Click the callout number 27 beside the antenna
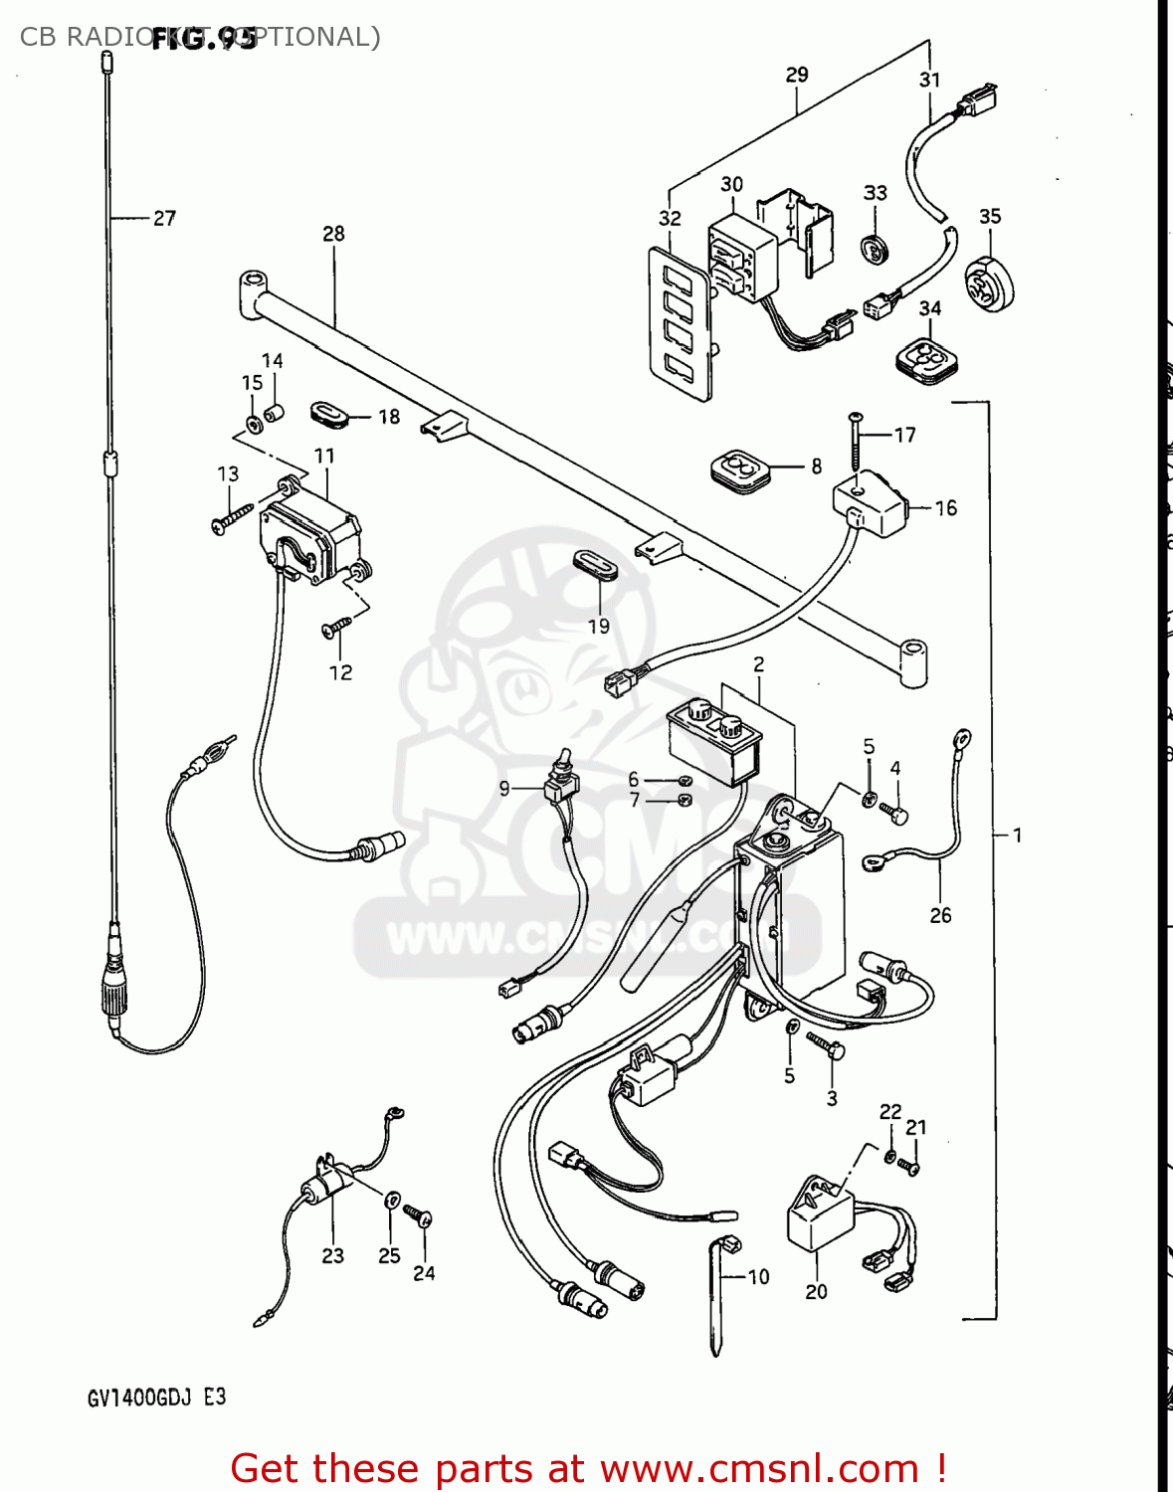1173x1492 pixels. [x=164, y=218]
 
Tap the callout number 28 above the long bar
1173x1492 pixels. [x=333, y=234]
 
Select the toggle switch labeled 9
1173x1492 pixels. [x=561, y=785]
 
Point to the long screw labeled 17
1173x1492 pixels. [x=855, y=444]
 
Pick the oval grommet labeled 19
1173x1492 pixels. [x=595, y=562]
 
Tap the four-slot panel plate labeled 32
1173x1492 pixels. [x=680, y=324]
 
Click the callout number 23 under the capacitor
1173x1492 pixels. [x=332, y=1256]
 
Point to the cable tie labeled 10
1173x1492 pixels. [x=716, y=1298]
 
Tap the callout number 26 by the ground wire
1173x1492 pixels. [x=940, y=915]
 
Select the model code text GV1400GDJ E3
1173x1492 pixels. [x=156, y=1398]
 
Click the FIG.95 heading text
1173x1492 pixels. [x=204, y=40]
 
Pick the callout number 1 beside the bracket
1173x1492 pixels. [x=1017, y=835]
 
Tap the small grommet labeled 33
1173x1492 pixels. [x=874, y=250]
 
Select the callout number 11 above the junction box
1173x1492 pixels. [x=324, y=457]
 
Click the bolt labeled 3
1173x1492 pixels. [x=827, y=1045]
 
